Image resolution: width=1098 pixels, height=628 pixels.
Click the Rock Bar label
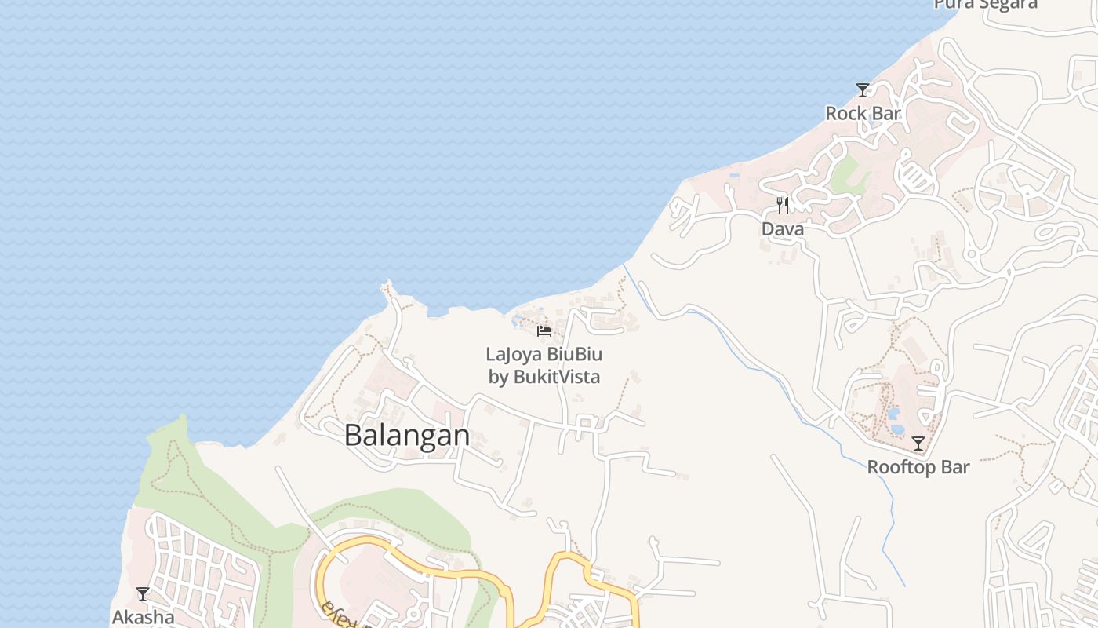(x=863, y=114)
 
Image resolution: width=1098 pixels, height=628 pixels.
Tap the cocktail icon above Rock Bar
(x=863, y=89)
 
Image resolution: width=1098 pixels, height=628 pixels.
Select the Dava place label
(x=783, y=229)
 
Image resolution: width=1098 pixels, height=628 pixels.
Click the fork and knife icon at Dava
(x=783, y=206)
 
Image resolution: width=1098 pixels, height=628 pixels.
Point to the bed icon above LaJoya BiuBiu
(x=544, y=331)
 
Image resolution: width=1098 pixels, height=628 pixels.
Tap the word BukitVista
(x=557, y=377)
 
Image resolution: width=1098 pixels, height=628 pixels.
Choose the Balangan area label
(x=407, y=436)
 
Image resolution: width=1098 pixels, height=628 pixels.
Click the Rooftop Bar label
(x=918, y=468)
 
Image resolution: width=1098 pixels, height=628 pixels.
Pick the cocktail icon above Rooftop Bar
(x=918, y=444)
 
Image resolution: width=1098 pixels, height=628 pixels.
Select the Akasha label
(x=143, y=617)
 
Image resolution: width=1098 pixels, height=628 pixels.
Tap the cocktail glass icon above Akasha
(x=143, y=594)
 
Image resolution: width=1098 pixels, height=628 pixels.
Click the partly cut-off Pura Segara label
(x=985, y=4)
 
